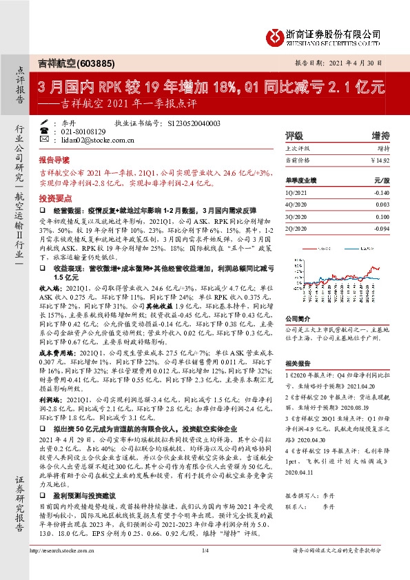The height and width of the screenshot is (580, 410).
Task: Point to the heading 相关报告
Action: click(298, 362)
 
